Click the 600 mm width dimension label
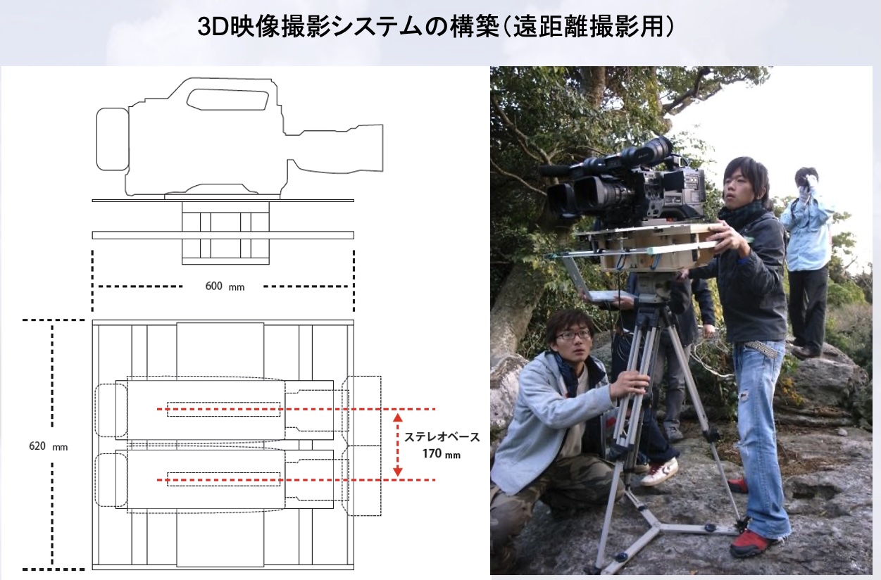pos(225,286)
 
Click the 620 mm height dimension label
pos(49,446)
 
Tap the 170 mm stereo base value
pos(442,454)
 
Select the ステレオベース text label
pos(442,437)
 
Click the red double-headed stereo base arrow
pos(398,445)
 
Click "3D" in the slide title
pos(213,27)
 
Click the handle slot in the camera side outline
pos(227,100)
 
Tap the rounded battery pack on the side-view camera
pos(113,139)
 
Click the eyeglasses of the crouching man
pos(573,335)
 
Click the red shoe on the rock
pos(752,543)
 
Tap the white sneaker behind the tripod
pos(660,472)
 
